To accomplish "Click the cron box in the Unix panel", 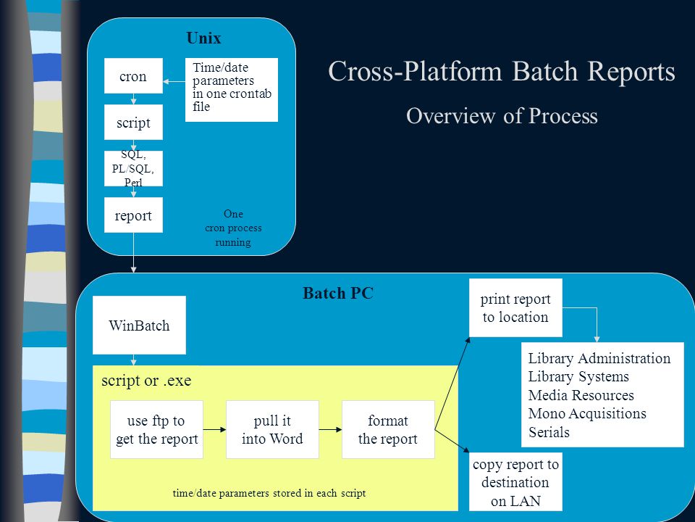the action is coord(133,76).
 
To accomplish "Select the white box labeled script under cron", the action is coord(133,122).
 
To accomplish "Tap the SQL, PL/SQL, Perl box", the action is coord(133,169).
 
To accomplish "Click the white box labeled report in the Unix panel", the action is coord(133,215).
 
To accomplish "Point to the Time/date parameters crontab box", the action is coord(232,90).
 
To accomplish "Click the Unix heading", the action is coord(203,38).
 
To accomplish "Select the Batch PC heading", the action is coord(338,294).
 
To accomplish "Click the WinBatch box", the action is coord(139,325).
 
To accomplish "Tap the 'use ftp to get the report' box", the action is coord(156,430).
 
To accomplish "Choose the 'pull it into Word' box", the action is coord(272,430).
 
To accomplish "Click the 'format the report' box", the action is coord(388,430).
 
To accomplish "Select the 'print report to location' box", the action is coord(515,307).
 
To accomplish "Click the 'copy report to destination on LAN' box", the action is coord(515,482).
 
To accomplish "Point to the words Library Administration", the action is coord(599,358).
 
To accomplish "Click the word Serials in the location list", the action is coord(549,432).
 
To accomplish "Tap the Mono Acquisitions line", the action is coord(587,414).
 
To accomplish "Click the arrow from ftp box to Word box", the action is coord(214,430).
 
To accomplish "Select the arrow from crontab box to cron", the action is coord(174,82).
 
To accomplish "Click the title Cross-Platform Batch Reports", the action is coord(502,71).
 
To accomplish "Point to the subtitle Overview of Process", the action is coord(502,116).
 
